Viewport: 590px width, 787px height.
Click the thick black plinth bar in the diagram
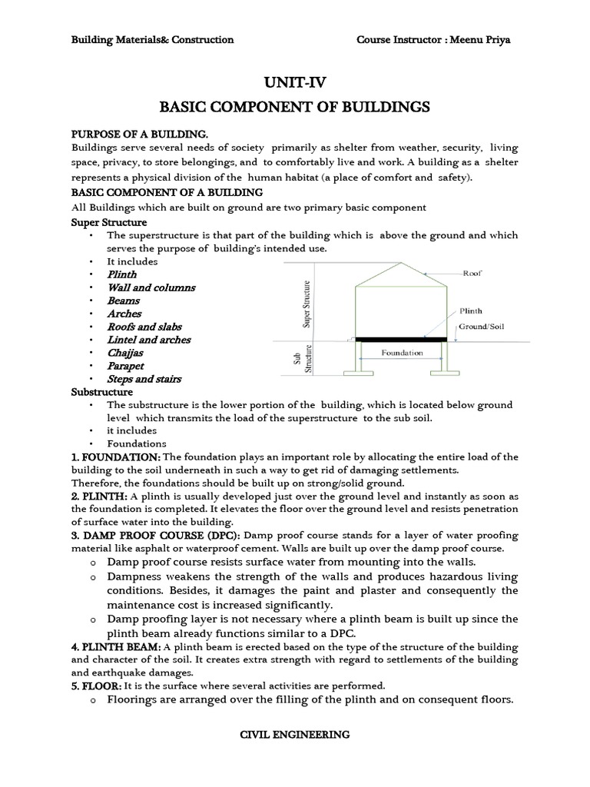[399, 339]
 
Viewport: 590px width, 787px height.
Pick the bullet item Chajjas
[125, 353]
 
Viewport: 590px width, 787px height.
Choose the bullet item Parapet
[125, 366]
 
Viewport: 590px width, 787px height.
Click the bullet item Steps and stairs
[144, 379]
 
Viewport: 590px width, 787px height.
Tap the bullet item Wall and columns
[151, 287]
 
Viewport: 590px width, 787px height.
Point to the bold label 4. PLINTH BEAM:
[115, 646]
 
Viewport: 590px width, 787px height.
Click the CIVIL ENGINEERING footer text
[295, 735]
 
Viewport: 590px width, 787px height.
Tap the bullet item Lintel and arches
[149, 340]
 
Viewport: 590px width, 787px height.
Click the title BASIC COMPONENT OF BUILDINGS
[295, 106]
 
